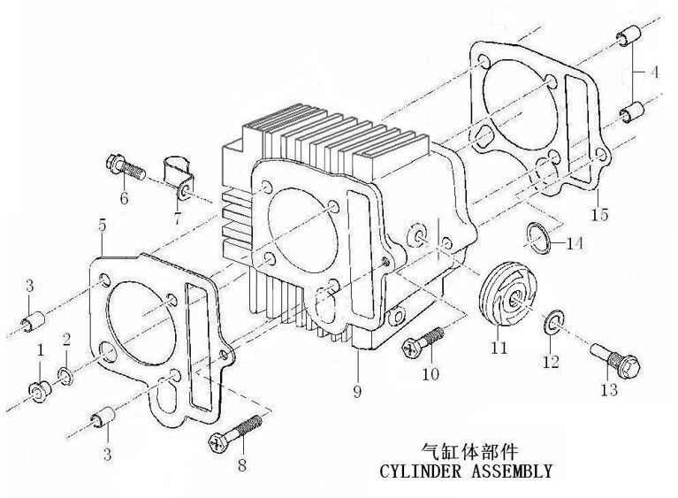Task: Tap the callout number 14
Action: [575, 242]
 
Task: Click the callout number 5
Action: [103, 226]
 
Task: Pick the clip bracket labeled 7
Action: [178, 172]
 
